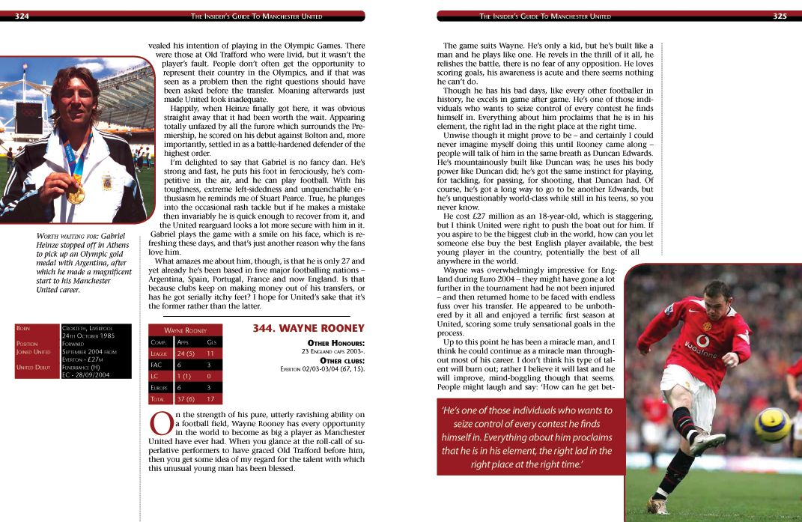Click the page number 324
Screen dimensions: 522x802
click(x=22, y=16)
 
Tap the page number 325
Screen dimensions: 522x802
click(x=780, y=16)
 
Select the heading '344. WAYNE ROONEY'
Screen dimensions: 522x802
click(x=309, y=328)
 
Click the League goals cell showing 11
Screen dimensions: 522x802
click(x=210, y=353)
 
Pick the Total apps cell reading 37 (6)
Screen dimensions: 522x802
click(x=186, y=399)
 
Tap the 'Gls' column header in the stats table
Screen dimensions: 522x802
click(x=211, y=342)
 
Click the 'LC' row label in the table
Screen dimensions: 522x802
click(x=155, y=376)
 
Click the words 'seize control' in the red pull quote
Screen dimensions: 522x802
click(x=484, y=424)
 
